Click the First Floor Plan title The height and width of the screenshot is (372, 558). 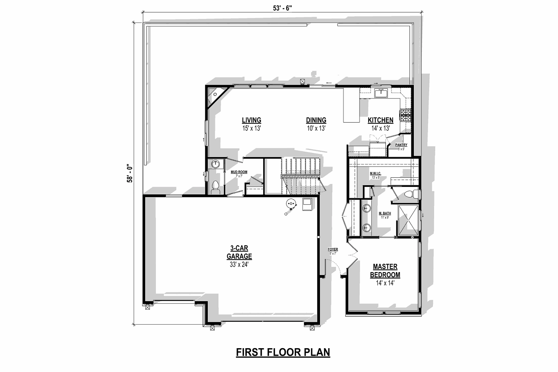(283, 352)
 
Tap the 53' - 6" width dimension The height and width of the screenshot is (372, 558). (282, 8)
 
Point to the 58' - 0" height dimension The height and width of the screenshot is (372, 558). (130, 174)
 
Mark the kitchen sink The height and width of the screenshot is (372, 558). (381, 93)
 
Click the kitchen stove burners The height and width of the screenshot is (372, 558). (406, 115)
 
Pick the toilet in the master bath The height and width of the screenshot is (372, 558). (411, 194)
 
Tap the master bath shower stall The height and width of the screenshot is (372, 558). (408, 220)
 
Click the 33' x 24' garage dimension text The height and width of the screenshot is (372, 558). (239, 265)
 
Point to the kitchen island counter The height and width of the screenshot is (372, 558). (351, 105)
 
